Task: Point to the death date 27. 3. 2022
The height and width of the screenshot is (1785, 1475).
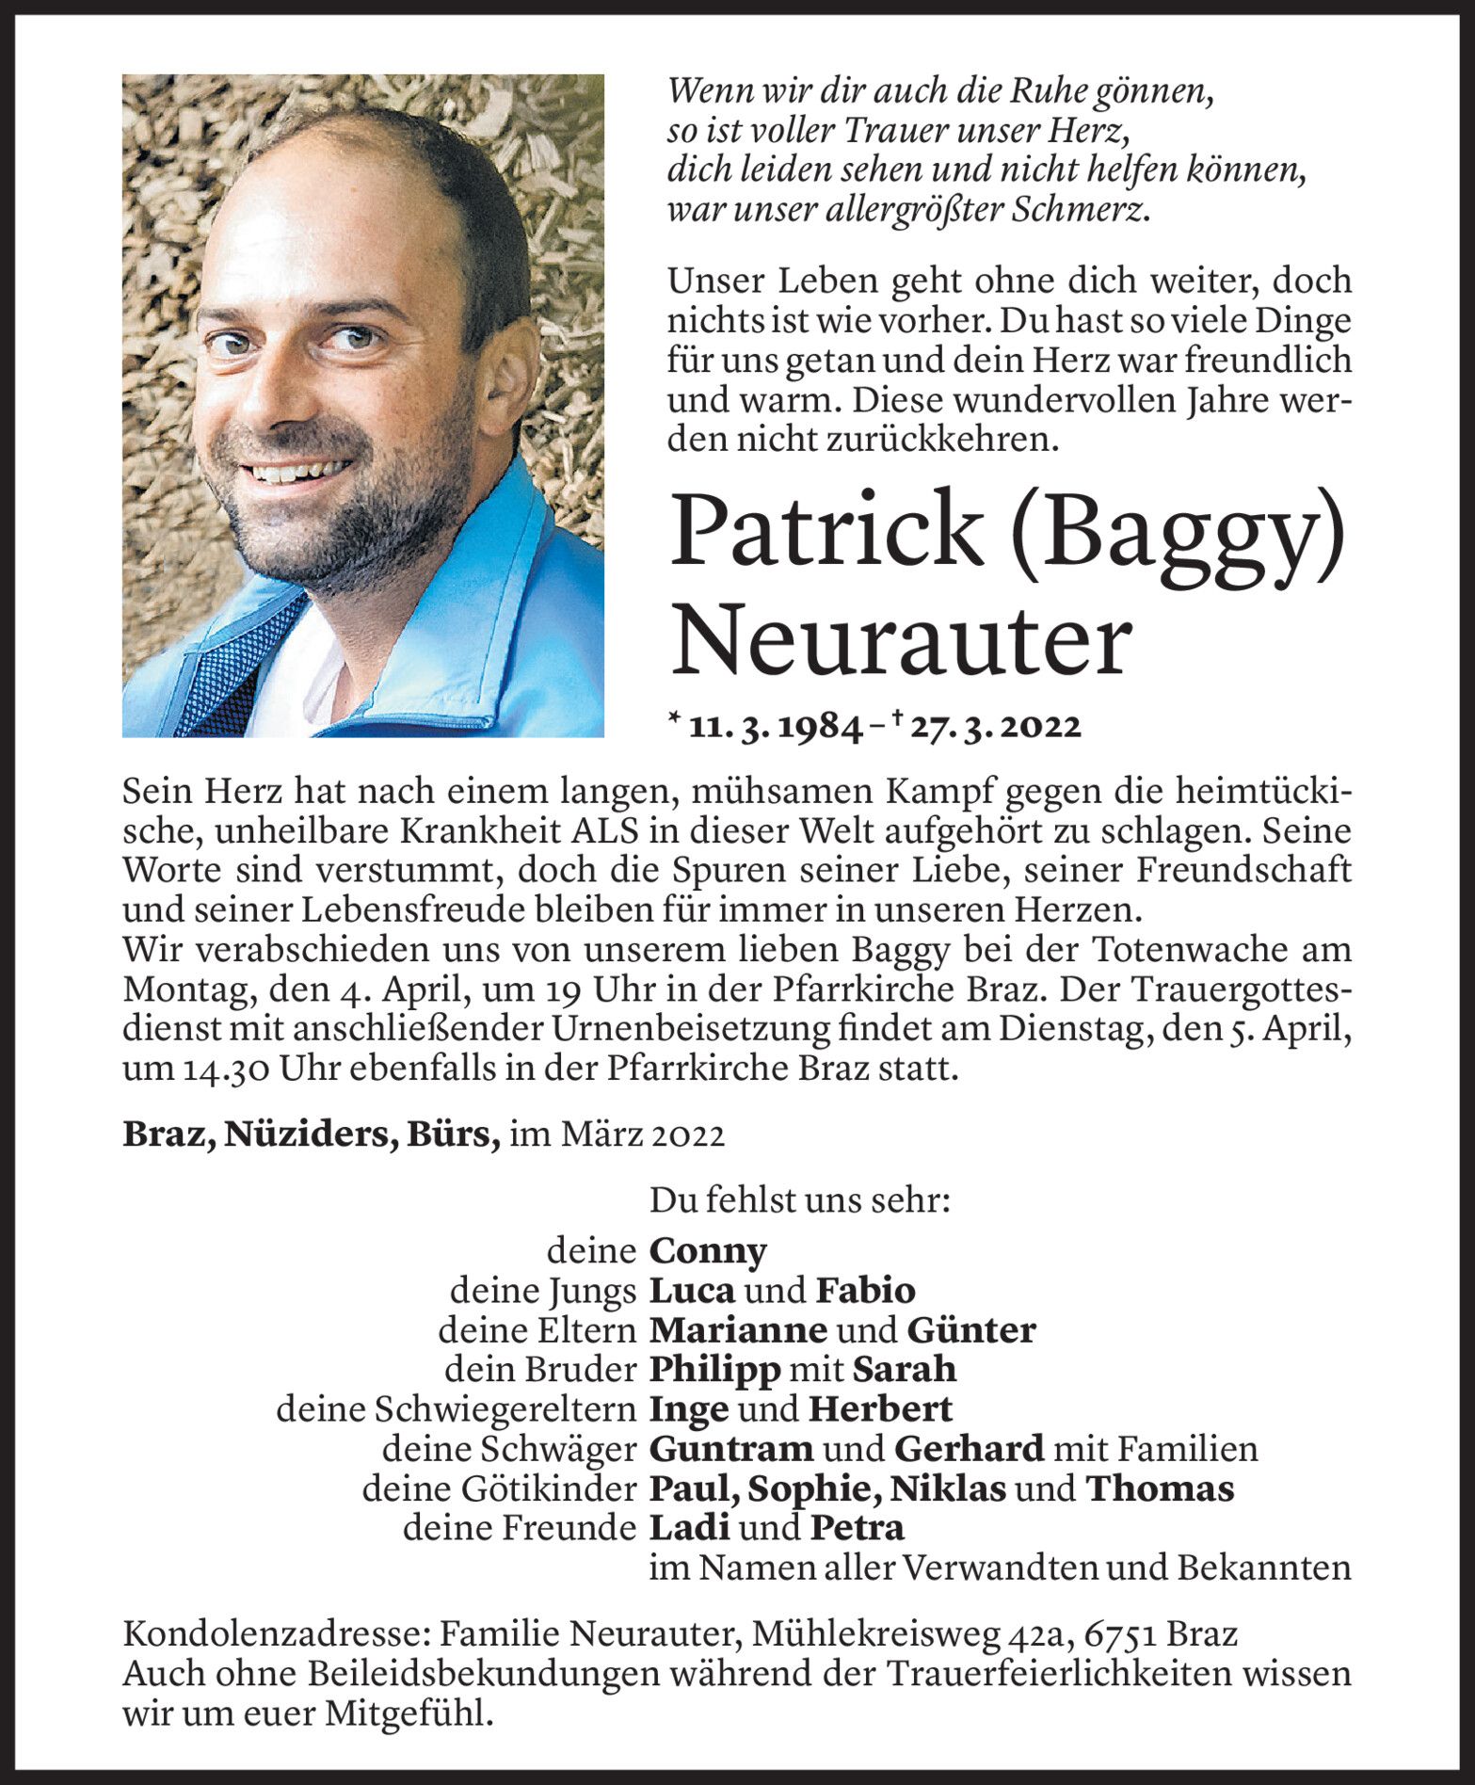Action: tap(993, 727)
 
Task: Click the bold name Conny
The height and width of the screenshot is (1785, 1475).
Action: tap(708, 1251)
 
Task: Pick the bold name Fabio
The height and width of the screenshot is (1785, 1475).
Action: tap(865, 1290)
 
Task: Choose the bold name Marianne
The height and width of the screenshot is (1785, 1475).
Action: tap(738, 1330)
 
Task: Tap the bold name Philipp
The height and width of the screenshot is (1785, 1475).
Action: tap(714, 1370)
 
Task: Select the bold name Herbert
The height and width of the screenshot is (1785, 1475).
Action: tap(880, 1409)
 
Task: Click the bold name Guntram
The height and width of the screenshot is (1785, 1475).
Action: tap(731, 1449)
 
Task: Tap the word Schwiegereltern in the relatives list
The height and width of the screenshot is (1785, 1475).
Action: tap(505, 1409)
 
